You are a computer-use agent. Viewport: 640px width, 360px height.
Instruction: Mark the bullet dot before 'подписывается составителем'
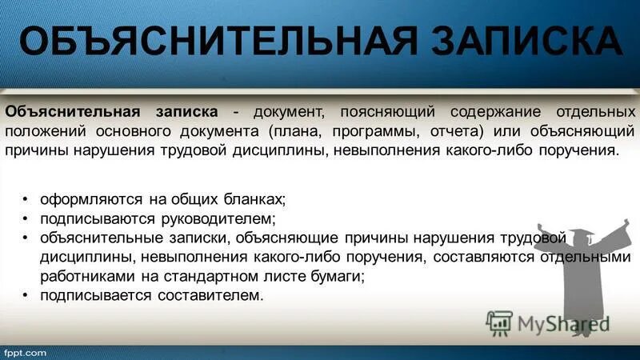(x=26, y=297)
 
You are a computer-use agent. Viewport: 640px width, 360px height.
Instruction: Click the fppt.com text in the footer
(x=26, y=352)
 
